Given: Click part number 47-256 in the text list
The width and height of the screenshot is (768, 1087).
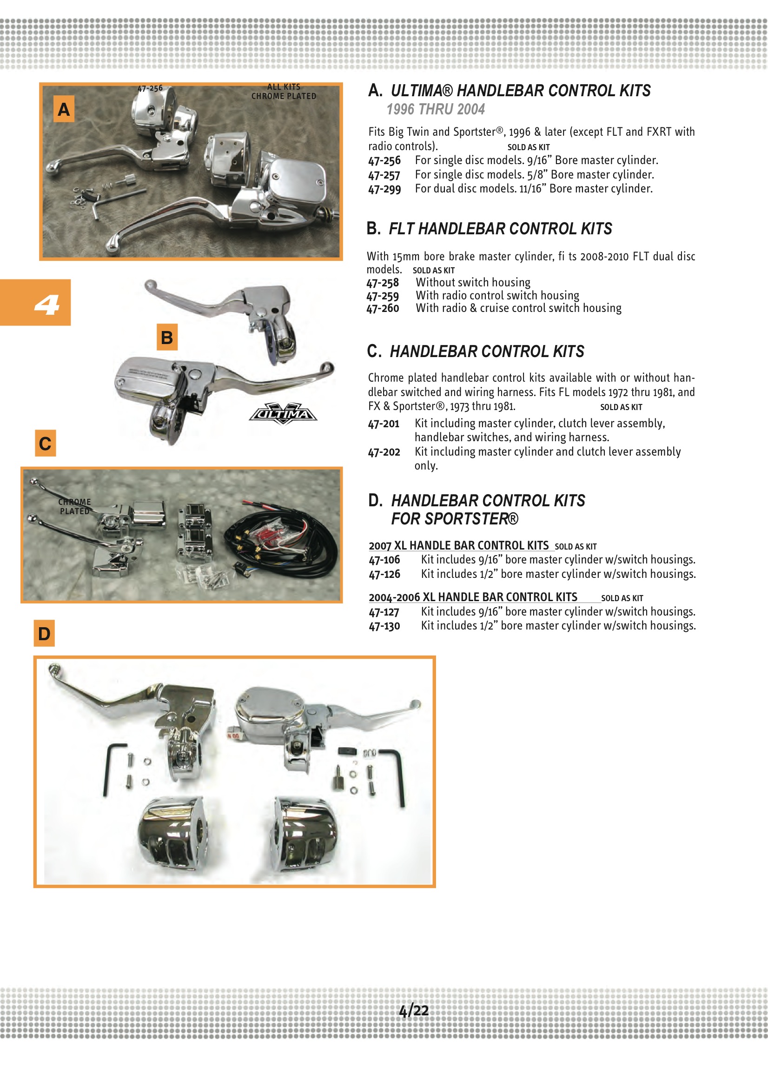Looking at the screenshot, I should point(384,160).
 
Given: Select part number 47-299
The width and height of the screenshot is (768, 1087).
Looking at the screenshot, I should point(384,189).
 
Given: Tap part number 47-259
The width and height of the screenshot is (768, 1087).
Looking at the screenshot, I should point(383,296).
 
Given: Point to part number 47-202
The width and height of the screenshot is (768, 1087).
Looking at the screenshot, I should point(384,452).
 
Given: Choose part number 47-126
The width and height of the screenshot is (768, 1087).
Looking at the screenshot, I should point(384,574).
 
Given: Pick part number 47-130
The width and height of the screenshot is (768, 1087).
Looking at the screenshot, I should point(384,626).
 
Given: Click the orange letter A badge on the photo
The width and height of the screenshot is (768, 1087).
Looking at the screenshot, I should point(63,109).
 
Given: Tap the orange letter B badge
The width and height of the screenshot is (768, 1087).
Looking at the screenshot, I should point(167,337).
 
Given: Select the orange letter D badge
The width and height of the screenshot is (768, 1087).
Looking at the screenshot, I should point(44,633).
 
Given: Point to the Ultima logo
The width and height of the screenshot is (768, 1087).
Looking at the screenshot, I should point(283,414).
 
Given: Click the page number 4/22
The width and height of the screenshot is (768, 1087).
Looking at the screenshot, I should point(413,1011).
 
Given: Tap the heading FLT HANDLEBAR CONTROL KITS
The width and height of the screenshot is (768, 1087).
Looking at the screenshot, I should point(500,229).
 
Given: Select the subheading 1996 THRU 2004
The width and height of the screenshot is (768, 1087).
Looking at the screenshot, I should point(436,109).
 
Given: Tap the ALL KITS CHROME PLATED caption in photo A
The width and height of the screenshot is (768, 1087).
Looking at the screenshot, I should point(284,92).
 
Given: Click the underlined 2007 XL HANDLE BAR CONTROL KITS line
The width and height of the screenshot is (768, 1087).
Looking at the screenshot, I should point(458,546).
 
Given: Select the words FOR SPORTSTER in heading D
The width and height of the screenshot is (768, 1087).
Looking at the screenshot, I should point(454,519).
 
